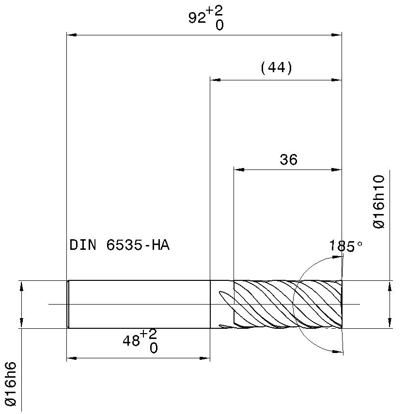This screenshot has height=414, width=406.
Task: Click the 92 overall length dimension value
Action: (x=197, y=18)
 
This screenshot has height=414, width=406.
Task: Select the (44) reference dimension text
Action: (x=276, y=68)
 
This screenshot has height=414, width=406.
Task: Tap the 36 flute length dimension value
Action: (x=288, y=160)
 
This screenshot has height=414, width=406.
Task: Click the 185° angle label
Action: (x=346, y=246)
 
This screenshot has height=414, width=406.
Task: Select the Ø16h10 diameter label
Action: (x=379, y=201)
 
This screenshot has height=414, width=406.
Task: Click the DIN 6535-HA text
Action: (x=119, y=245)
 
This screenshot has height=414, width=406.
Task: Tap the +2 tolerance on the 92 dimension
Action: (x=215, y=11)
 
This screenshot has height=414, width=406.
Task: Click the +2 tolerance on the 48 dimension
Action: (x=148, y=334)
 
